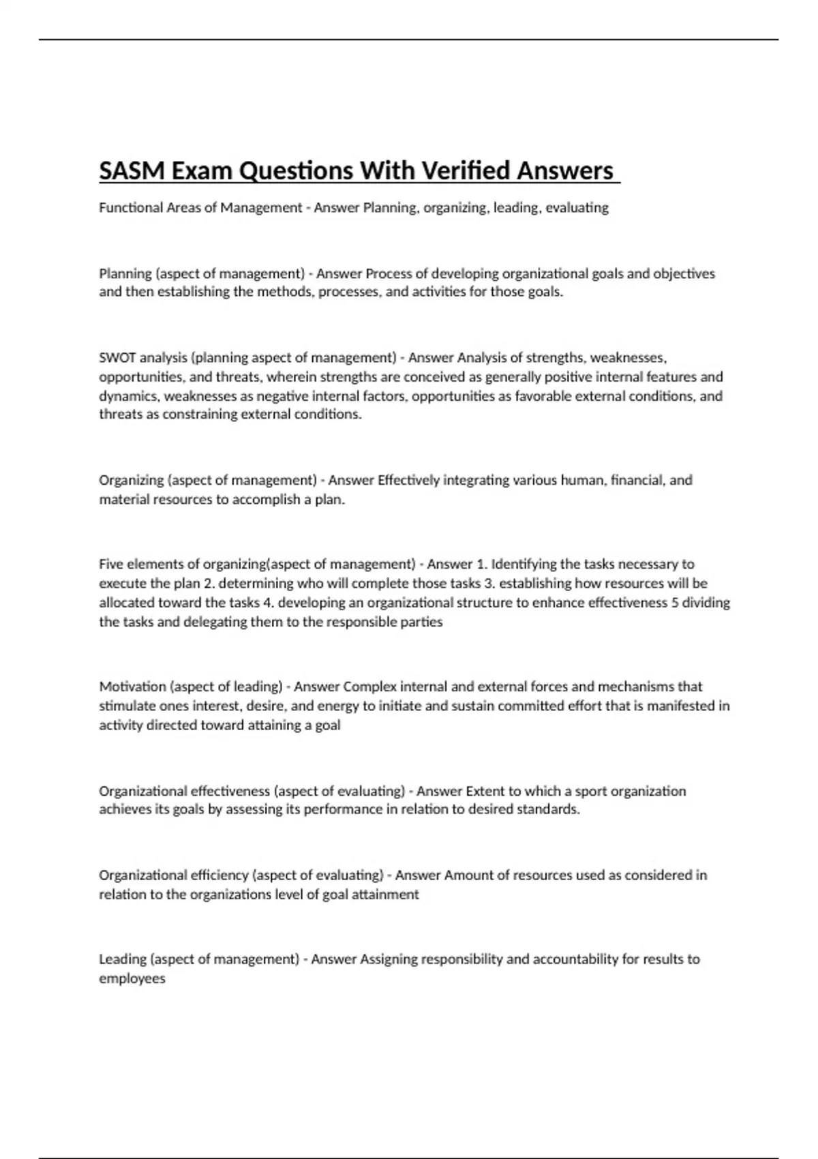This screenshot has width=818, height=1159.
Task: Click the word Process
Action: (x=389, y=273)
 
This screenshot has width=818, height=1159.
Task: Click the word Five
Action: (x=111, y=564)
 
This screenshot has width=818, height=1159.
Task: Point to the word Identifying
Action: (x=524, y=564)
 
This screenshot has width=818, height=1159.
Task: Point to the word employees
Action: (x=132, y=979)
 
